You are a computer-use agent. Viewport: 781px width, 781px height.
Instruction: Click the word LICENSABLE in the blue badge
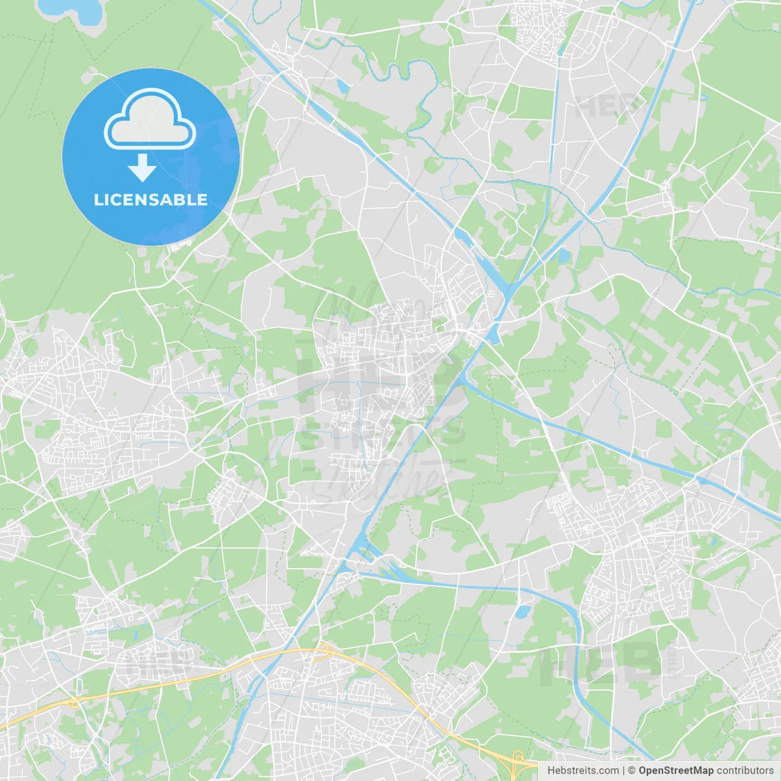(x=151, y=200)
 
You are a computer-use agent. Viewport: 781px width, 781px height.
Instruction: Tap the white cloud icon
(x=150, y=119)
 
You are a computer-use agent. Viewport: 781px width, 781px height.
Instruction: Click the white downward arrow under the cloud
(x=142, y=168)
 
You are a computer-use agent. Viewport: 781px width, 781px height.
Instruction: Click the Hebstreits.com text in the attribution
(x=583, y=771)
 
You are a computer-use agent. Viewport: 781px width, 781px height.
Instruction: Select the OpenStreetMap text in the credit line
(x=675, y=771)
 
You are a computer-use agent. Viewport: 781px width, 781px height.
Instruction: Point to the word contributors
(x=745, y=771)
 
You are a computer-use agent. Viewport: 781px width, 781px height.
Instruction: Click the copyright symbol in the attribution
(x=632, y=771)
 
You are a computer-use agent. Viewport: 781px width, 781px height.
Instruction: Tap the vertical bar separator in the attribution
(x=624, y=771)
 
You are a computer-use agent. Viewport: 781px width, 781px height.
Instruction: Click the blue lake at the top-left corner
(x=72, y=12)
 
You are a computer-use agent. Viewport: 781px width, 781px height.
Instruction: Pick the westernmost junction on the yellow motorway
(x=75, y=703)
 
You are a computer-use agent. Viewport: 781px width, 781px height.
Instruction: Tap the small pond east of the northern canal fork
(x=563, y=255)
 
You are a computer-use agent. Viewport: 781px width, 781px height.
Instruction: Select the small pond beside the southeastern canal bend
(x=523, y=612)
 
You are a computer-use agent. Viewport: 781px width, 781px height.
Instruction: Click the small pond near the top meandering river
(x=342, y=87)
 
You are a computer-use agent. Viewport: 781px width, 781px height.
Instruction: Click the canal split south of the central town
(x=360, y=552)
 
